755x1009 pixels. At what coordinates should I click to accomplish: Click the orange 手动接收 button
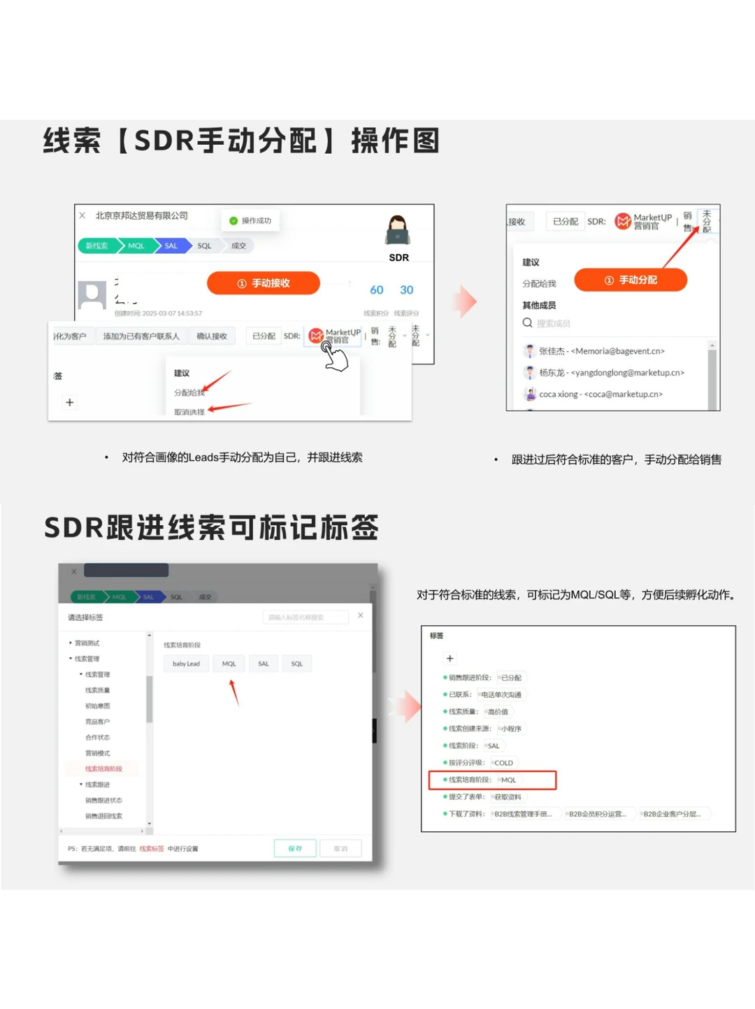pos(264,283)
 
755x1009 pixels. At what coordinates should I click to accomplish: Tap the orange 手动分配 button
pos(631,280)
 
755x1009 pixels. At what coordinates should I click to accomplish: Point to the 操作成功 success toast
pos(250,221)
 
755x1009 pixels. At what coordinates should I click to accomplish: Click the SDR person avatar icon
pos(398,230)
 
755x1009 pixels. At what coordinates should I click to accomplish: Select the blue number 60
pos(377,290)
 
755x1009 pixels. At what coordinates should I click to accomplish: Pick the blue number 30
pos(406,290)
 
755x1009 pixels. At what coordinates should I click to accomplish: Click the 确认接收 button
pos(212,336)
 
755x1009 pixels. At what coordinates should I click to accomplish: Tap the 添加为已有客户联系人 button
pos(141,336)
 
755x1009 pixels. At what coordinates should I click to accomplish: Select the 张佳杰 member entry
pos(601,351)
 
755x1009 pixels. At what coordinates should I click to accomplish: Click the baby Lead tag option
pos(186,664)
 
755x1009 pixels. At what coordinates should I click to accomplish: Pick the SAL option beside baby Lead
pos(264,664)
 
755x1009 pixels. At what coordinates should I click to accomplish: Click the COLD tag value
pos(503,763)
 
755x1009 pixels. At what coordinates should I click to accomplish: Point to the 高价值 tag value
pos(498,712)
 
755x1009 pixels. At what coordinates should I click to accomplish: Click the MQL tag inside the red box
pos(508,780)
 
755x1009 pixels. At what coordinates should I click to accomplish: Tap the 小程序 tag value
pos(511,729)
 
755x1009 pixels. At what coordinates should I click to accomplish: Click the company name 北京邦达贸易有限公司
pos(142,216)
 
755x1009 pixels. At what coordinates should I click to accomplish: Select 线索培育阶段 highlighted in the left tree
pos(103,769)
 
